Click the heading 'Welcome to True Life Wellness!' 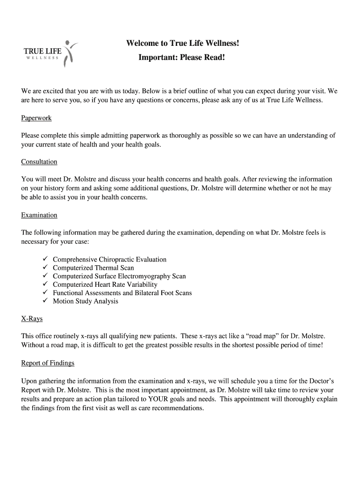coord(182,44)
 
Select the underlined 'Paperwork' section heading coord(36,118)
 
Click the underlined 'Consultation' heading coord(39,162)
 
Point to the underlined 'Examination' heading coord(39,215)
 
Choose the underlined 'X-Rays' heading coord(32,319)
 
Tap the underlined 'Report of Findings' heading coord(48,363)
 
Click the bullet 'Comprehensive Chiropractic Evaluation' coord(109,260)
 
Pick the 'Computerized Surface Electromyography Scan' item coord(119,276)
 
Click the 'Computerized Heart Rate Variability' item coord(105,284)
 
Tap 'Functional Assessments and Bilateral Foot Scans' coord(122,293)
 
